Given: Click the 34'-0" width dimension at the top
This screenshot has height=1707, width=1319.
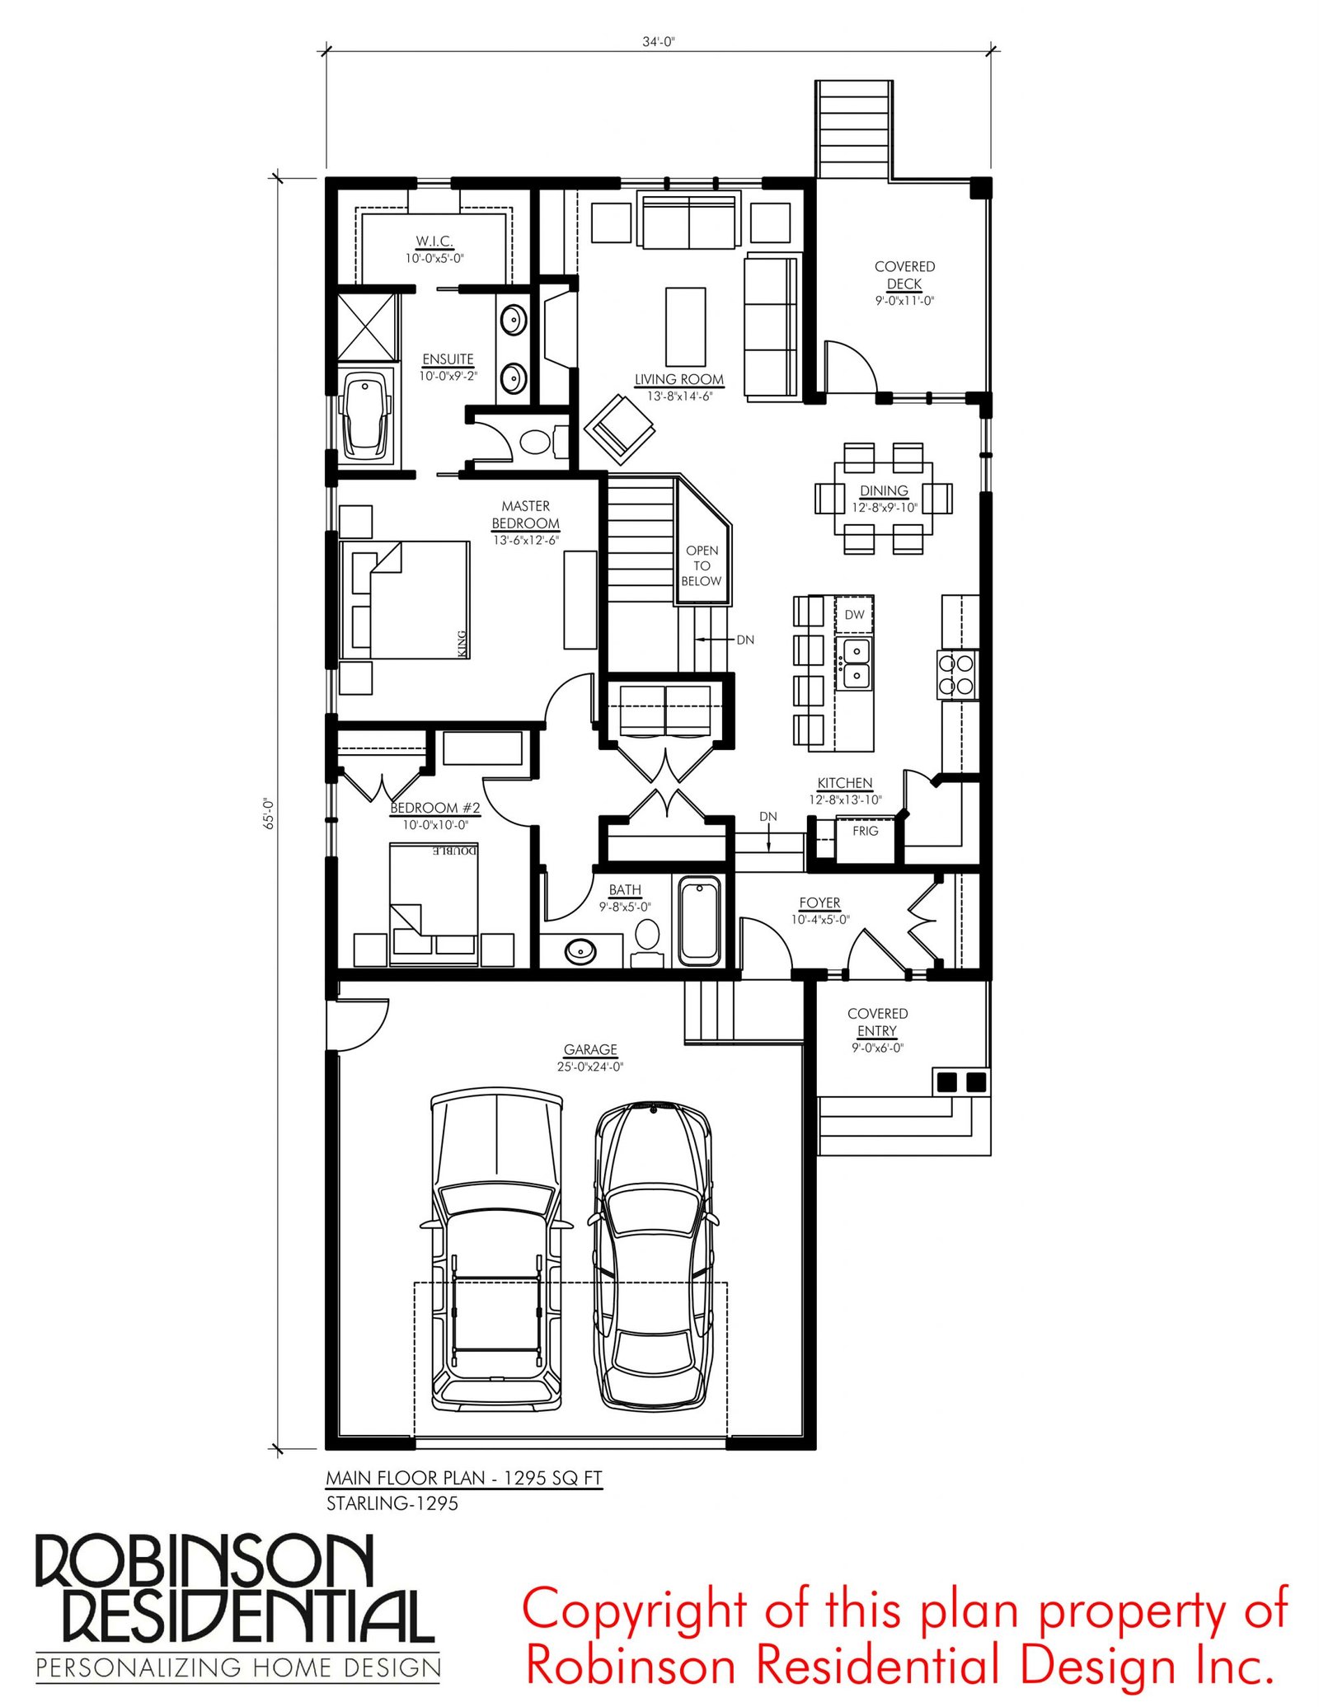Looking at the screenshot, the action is pos(659,42).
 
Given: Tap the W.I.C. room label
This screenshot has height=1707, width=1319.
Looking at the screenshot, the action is pos(434,242).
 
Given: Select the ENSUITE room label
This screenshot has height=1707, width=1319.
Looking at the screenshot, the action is pos(448,359).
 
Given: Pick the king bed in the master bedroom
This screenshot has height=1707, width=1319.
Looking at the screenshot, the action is pos(405,599).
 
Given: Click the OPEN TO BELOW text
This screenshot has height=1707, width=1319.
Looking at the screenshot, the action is pos(702,565).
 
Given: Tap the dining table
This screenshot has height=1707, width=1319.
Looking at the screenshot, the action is pos(883,498).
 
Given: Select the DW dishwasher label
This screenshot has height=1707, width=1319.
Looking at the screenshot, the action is pos(854,614).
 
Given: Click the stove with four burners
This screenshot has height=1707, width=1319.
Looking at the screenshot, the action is pos(957,674).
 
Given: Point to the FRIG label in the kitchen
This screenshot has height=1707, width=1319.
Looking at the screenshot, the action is pos(865,831).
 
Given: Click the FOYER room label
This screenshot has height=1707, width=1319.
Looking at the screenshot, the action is pos(819,903).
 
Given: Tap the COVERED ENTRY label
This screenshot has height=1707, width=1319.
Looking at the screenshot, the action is pos(877,1022).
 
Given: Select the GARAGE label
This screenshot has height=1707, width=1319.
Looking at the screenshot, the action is pos(590,1049).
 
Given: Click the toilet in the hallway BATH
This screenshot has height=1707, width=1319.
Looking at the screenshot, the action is pos(647,940).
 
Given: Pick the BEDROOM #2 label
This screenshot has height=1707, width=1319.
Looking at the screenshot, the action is pos(435,808).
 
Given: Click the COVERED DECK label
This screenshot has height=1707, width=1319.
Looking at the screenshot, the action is pos(904,275).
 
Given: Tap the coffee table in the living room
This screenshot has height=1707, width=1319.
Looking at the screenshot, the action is pos(685,326).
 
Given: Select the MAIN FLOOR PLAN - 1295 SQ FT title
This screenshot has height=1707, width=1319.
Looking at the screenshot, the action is pos(464,1478).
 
